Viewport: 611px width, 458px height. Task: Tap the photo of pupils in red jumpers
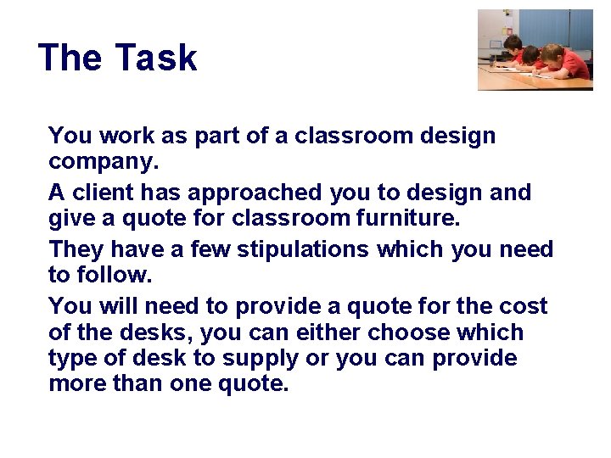pyautogui.click(x=535, y=49)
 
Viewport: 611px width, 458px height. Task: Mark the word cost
pyautogui.click(x=525, y=306)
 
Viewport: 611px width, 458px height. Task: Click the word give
pyautogui.click(x=74, y=219)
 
